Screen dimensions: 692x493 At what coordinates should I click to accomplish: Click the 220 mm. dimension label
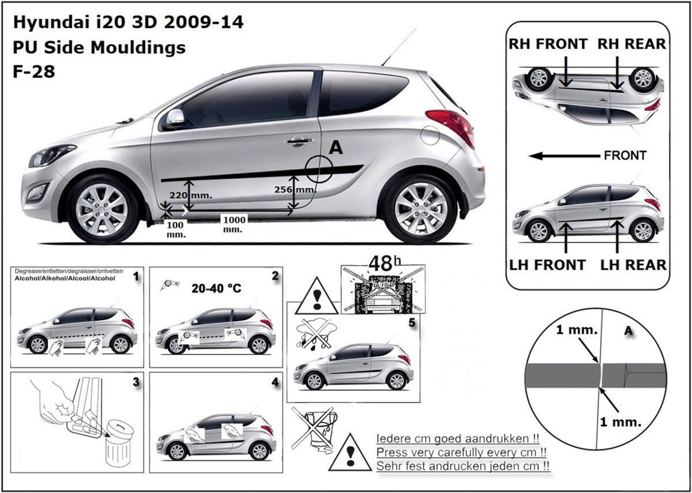[x=191, y=195]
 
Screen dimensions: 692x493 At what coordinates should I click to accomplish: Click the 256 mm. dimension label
[x=295, y=189]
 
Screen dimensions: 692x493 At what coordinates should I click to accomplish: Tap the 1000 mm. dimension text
[x=235, y=224]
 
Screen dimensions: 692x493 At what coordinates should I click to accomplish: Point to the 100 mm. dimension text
[x=175, y=229]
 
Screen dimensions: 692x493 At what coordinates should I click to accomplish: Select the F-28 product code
[x=34, y=71]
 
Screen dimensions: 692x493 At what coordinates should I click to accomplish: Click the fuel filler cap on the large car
[x=430, y=135]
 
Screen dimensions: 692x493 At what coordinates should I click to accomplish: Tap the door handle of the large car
[x=299, y=141]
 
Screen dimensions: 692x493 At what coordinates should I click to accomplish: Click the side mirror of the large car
[x=175, y=118]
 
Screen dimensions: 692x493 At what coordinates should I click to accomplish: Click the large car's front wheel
[x=102, y=209]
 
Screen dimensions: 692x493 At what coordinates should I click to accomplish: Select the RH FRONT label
[x=548, y=44]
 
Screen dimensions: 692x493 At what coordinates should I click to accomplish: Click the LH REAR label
[x=633, y=265]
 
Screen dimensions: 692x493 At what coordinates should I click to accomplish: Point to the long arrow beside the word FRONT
[x=565, y=156]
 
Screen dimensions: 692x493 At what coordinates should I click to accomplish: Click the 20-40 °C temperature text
[x=216, y=288]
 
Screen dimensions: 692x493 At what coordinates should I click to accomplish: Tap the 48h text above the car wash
[x=385, y=264]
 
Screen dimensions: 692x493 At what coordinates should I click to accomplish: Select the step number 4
[x=275, y=382]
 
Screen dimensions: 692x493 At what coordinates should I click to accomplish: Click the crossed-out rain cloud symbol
[x=315, y=334]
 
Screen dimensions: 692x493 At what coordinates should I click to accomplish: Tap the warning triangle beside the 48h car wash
[x=317, y=296]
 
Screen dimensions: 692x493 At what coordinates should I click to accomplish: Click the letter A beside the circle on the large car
[x=336, y=148]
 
